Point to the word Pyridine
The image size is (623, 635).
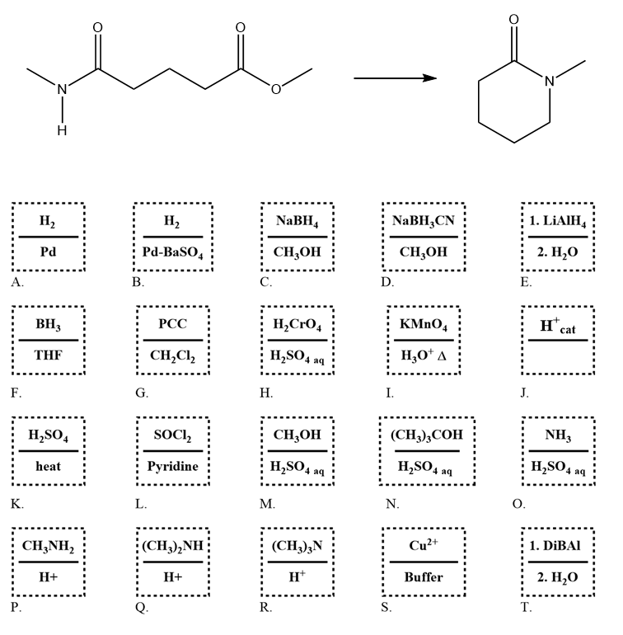point(172,466)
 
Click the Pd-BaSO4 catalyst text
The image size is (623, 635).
point(172,252)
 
